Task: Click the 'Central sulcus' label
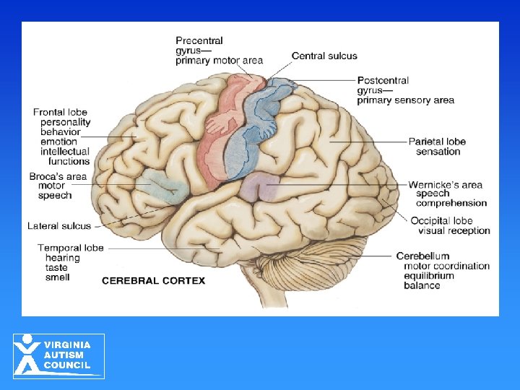point(324,56)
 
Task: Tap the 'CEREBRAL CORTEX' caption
point(153,281)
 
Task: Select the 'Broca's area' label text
point(58,177)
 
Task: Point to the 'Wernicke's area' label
point(446,185)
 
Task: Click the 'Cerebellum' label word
point(422,256)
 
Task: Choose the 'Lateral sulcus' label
point(59,226)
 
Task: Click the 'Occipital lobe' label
point(441,221)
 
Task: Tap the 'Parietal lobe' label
point(437,142)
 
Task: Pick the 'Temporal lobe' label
point(71,248)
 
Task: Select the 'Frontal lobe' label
point(60,113)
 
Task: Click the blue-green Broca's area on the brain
point(163,185)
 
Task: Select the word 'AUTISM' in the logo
point(64,355)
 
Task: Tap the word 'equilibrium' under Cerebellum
point(429,275)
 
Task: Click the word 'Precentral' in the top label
point(199,41)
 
